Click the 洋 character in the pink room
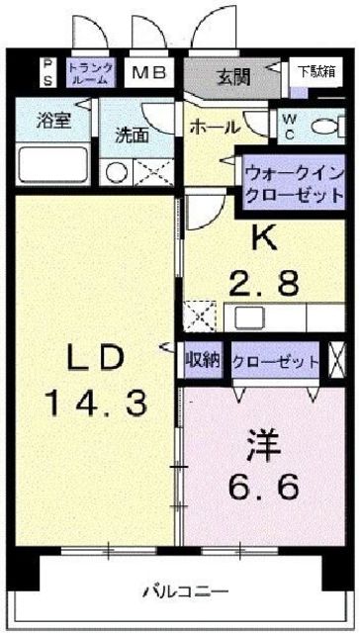(265, 444)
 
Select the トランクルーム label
(90, 71)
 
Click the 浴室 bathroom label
(53, 123)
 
